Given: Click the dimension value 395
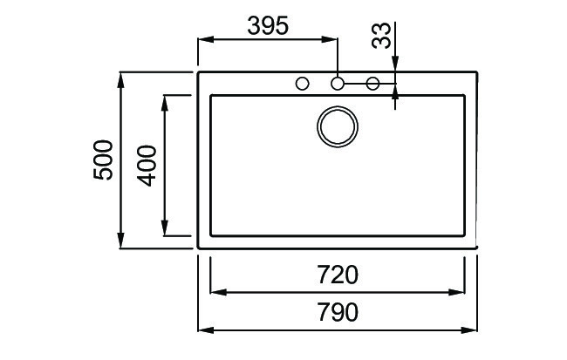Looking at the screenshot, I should click(267, 25).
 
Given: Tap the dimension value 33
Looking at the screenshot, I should click(381, 37).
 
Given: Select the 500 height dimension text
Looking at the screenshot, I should click(104, 160).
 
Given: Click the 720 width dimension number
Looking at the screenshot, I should click(338, 275).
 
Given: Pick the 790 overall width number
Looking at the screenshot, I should click(338, 312).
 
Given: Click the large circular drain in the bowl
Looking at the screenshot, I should click(337, 126).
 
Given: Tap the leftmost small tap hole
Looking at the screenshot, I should click(303, 84).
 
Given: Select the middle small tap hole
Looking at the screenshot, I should click(337, 84).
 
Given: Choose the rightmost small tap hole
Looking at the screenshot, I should click(372, 84).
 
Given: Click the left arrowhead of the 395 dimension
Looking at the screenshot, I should click(206, 39).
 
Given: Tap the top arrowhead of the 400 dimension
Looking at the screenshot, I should click(165, 101).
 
